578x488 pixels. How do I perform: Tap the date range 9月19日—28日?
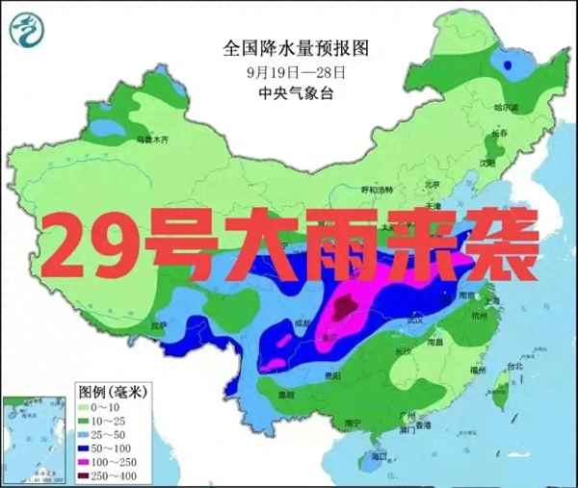coord(296,71)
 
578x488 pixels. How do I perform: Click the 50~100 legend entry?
coord(106,449)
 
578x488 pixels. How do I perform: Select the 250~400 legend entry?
coord(106,475)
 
